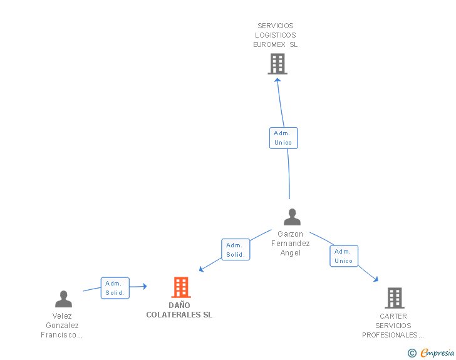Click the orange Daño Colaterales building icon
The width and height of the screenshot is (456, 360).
(x=181, y=287)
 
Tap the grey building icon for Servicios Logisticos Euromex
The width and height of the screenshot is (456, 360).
(x=277, y=64)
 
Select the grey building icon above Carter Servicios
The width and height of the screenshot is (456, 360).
(x=395, y=298)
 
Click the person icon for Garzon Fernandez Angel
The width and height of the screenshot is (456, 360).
(x=292, y=217)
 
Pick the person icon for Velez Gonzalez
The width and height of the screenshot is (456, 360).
(x=63, y=299)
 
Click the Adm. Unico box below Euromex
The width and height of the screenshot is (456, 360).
(x=284, y=138)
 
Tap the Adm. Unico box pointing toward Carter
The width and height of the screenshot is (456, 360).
(x=344, y=256)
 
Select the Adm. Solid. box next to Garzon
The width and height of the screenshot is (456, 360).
(x=236, y=250)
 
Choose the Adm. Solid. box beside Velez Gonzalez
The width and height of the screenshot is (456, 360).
(x=115, y=288)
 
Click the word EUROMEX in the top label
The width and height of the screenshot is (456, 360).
(x=269, y=44)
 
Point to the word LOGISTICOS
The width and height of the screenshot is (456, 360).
(x=276, y=35)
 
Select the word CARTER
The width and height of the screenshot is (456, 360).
(x=393, y=316)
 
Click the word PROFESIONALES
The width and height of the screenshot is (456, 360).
(x=390, y=335)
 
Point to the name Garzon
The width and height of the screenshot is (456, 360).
(x=290, y=234)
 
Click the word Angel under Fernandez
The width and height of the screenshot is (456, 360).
(x=290, y=253)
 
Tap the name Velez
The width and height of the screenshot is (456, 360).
(x=62, y=316)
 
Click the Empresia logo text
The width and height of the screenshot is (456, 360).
(x=437, y=352)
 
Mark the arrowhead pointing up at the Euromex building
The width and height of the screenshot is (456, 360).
(x=277, y=80)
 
